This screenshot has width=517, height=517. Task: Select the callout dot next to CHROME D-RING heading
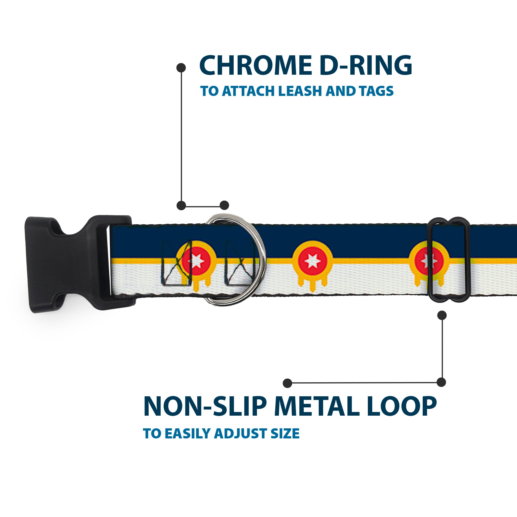coord(181,68)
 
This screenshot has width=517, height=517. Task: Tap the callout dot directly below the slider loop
coord(442,315)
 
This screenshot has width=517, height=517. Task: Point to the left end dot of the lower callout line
coord(287,383)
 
